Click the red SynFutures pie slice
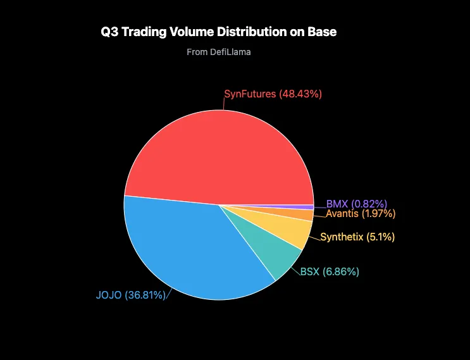pos(215,152)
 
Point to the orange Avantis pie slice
pos(304,215)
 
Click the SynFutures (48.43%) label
pos(273,94)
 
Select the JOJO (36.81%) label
pos(130,295)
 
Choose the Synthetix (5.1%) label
pos(357,237)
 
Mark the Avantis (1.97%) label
pos(361,214)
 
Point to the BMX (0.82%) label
pos(356,204)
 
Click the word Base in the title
pos(323,32)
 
